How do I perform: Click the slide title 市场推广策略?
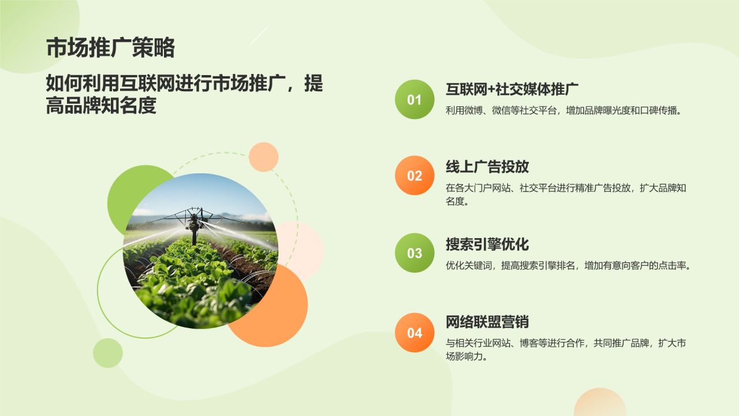pyautogui.click(x=110, y=48)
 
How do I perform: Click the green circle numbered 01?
pyautogui.click(x=415, y=99)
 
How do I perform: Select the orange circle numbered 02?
pyautogui.click(x=415, y=176)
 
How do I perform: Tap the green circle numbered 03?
pyautogui.click(x=415, y=253)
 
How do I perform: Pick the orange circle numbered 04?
pyautogui.click(x=415, y=333)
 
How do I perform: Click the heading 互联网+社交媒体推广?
pyautogui.click(x=512, y=90)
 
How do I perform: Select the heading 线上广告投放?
pyautogui.click(x=487, y=167)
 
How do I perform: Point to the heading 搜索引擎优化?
pyautogui.click(x=487, y=244)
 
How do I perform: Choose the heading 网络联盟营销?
pyautogui.click(x=487, y=322)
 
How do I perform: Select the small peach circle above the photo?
pyautogui.click(x=263, y=157)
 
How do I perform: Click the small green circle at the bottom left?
pyautogui.click(x=107, y=353)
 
